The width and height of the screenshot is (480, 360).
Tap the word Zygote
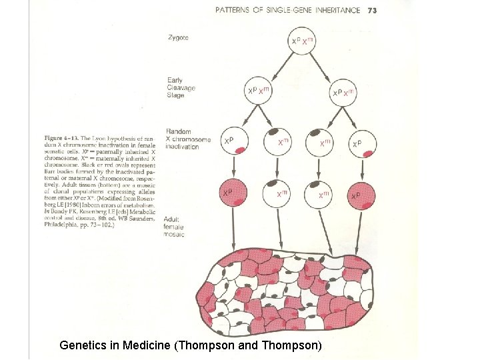point(178,38)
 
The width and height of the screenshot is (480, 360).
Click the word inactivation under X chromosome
point(182,147)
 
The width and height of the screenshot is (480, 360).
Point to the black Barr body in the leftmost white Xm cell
point(275,133)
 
